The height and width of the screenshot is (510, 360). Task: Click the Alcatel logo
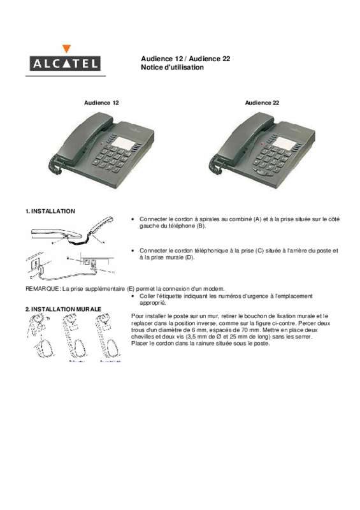point(62,62)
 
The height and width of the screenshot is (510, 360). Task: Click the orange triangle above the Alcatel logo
point(67,48)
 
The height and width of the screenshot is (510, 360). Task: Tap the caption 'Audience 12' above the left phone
point(101,103)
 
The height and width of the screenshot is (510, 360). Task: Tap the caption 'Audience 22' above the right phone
point(262,103)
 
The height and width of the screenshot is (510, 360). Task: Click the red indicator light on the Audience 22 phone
point(262,143)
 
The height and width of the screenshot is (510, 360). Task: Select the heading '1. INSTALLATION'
point(50,210)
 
